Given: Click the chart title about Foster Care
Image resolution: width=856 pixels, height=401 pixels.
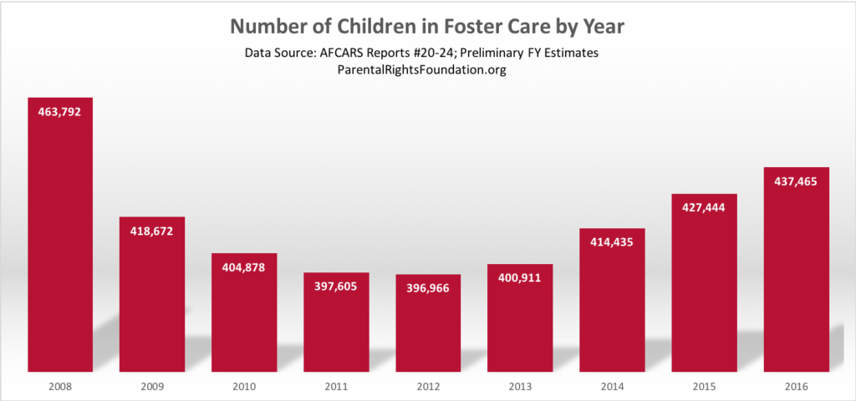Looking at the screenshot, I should [427, 25].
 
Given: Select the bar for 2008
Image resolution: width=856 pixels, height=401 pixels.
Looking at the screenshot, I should [59, 242].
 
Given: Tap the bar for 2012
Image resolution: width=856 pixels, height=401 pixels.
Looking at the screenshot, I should [428, 326].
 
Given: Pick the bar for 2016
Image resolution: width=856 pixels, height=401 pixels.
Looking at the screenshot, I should [797, 276].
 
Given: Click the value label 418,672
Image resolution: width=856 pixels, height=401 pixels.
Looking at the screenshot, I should [151, 231].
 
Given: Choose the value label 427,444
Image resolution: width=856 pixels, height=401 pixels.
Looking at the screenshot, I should [705, 207].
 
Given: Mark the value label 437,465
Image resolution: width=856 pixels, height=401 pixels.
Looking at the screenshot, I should [797, 180].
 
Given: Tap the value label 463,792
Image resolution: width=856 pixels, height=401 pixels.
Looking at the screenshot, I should [59, 111].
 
